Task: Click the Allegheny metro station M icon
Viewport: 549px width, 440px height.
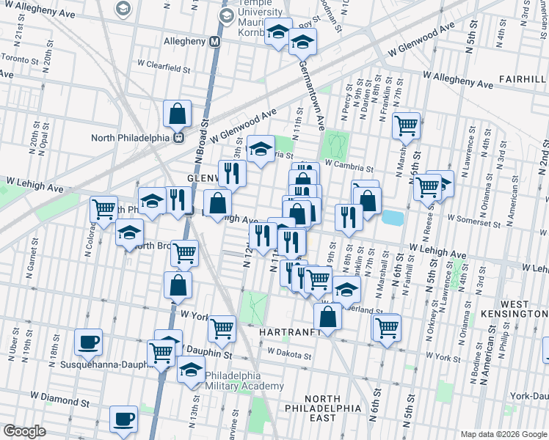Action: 214,42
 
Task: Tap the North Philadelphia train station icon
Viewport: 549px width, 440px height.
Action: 178,137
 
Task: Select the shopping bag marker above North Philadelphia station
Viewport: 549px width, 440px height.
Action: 178,114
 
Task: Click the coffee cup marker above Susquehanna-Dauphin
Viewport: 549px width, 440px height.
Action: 89,342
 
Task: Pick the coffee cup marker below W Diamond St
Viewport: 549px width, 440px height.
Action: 123,419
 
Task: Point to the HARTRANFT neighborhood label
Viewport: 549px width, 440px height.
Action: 291,331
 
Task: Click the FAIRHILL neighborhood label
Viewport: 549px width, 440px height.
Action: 523,78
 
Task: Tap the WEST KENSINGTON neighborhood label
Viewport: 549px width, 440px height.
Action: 523,309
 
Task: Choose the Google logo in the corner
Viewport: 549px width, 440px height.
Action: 24,431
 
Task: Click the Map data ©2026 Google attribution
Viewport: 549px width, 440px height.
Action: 502,434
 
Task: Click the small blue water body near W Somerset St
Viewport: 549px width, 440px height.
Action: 393,218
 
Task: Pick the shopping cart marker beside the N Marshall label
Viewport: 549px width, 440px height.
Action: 405,126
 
